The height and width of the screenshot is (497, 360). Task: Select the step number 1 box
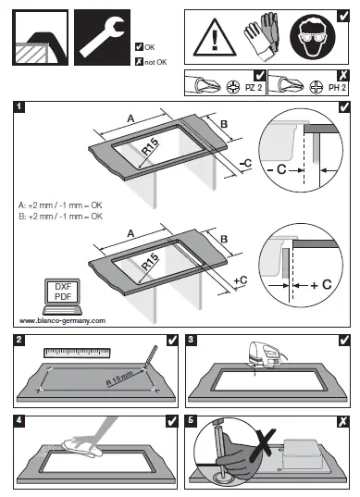(x=19, y=107)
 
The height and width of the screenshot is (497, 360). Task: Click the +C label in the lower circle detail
(x=319, y=286)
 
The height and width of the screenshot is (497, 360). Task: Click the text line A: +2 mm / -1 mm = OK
(x=60, y=205)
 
